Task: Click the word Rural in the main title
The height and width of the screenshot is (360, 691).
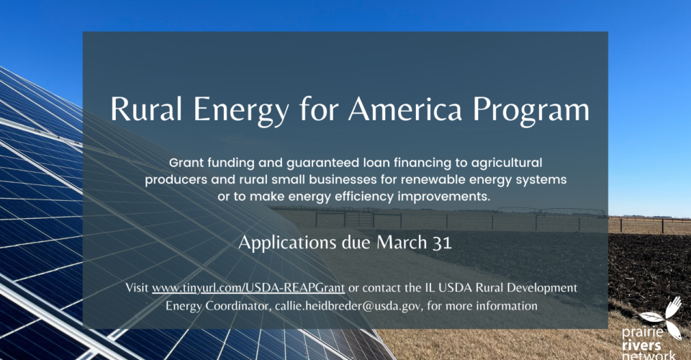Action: pos(146,109)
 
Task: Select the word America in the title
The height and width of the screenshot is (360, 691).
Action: pos(405,109)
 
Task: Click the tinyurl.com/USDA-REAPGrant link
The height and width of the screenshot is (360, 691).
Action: pos(248,288)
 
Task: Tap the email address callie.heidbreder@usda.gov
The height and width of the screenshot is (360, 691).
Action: pos(348,306)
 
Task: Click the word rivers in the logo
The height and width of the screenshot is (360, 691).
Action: pos(641,345)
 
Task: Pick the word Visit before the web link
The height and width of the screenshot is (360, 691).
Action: pos(137,288)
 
